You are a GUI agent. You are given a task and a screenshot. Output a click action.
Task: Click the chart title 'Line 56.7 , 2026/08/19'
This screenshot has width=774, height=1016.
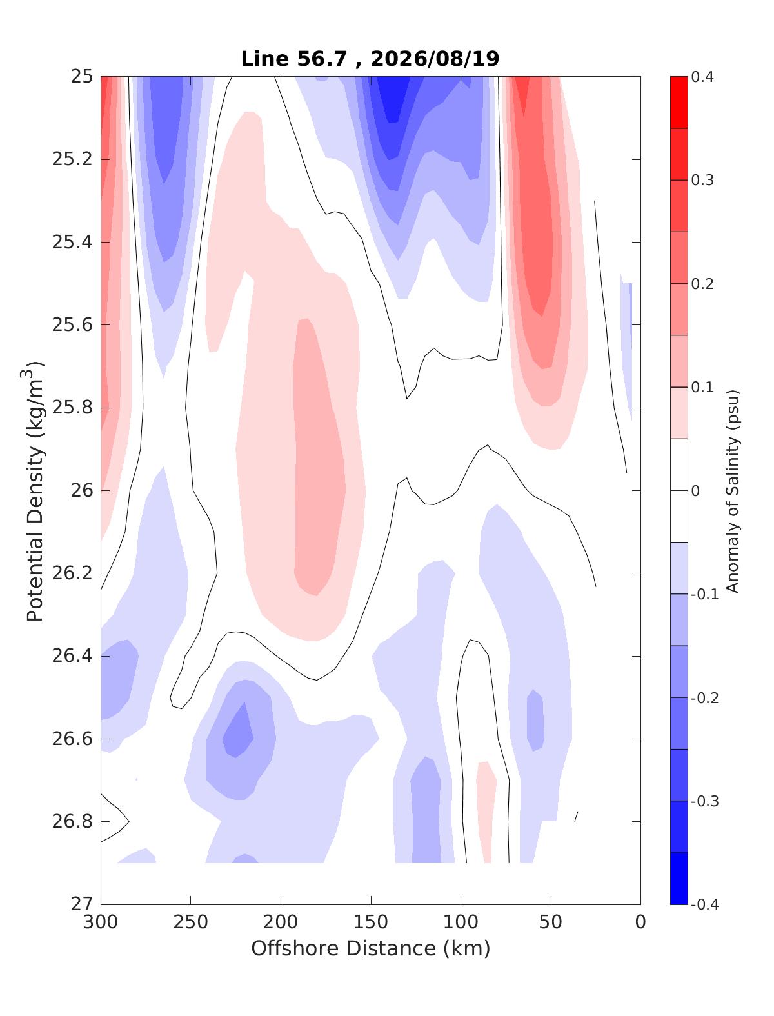coord(370,59)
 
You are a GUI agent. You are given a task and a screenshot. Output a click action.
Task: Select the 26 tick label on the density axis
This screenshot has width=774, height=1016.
coord(82,490)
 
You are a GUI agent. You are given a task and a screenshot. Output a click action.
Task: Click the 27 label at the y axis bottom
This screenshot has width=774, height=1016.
coord(82,904)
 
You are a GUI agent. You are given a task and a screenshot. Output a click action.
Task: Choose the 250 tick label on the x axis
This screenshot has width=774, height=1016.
coord(191,922)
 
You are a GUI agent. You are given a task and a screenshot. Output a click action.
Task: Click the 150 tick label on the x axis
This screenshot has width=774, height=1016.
coord(371,922)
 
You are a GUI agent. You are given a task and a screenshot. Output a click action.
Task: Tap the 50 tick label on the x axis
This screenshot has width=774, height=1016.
coord(551,922)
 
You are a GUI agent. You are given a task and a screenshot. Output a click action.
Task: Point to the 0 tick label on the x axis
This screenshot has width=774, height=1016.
coord(640,922)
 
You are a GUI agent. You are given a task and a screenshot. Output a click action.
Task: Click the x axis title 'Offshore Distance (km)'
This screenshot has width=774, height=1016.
coord(371,948)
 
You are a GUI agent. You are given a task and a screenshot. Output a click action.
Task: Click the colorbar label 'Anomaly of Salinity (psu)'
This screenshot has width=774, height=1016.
coord(732,491)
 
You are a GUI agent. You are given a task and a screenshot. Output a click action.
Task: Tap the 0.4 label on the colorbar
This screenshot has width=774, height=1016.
coord(703,77)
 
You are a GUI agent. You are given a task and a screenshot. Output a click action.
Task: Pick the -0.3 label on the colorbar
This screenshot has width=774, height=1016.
coord(704,801)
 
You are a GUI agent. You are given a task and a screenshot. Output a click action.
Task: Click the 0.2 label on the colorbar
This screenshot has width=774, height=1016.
coord(703,284)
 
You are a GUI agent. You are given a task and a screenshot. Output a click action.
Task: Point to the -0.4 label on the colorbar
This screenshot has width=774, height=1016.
coord(704,904)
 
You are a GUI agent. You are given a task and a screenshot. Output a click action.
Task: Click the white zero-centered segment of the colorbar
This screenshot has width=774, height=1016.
coord(679,490)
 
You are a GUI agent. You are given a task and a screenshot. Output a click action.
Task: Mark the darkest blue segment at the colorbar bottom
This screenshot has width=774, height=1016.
coord(679,878)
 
